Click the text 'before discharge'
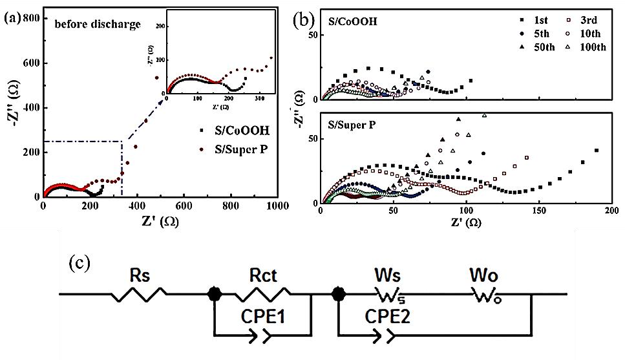click(97, 25)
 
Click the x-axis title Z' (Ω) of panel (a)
click(159, 220)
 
